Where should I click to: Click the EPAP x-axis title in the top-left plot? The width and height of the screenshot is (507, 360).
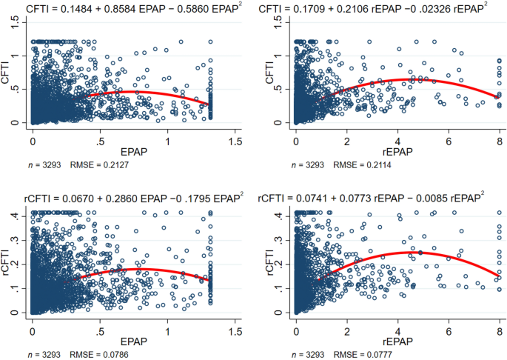[134, 148]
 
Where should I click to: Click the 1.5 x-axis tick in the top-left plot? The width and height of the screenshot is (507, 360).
[236, 136]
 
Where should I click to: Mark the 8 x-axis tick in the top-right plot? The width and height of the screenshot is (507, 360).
[500, 136]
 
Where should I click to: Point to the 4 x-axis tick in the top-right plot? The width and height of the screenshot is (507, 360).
[398, 136]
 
